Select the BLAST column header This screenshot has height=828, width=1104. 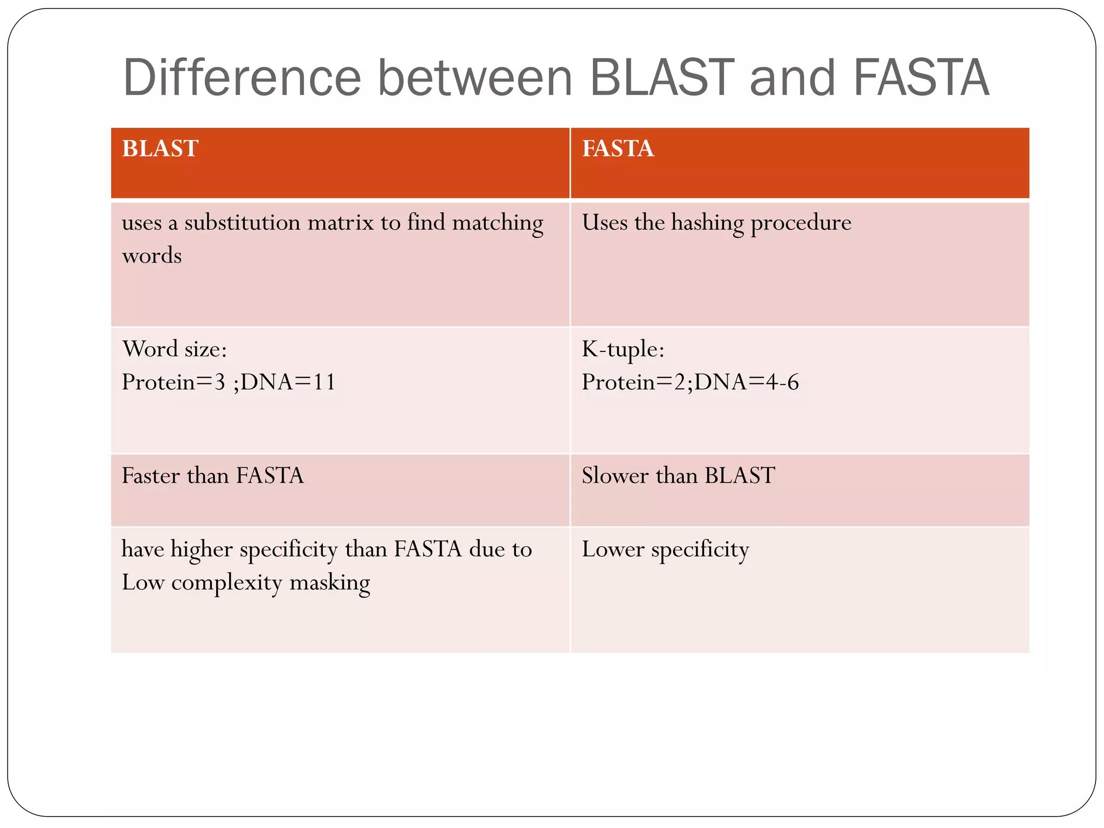pyautogui.click(x=160, y=148)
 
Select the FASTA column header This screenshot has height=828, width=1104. pyautogui.click(x=618, y=148)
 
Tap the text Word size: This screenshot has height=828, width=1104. pyautogui.click(x=174, y=349)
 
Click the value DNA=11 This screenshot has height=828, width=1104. pyautogui.click(x=288, y=382)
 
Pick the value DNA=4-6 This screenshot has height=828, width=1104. pyautogui.click(x=746, y=382)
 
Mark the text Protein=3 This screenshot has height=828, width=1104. pyautogui.click(x=173, y=382)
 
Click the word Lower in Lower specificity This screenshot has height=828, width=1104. pyautogui.click(x=613, y=549)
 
